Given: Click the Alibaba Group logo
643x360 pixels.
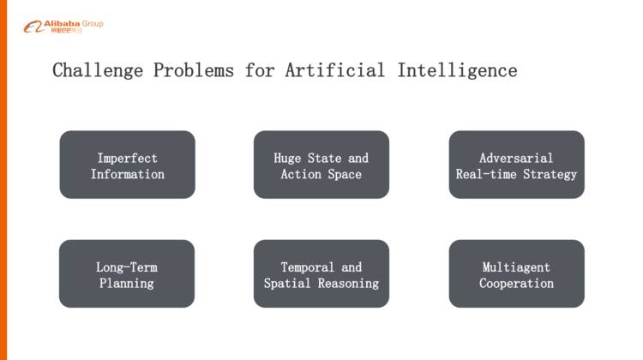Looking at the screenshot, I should [63, 26].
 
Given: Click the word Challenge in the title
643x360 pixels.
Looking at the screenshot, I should [98, 70].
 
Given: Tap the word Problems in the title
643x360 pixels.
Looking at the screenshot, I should [193, 70].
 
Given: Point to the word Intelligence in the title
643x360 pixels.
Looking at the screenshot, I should [457, 70].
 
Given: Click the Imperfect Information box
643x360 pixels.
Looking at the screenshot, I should [127, 165].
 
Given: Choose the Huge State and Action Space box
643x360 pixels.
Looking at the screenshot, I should [321, 165].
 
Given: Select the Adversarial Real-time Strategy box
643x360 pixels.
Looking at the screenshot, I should [516, 165].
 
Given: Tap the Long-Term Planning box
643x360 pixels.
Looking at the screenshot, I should [127, 273].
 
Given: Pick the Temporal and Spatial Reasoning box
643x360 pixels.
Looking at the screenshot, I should [321, 273].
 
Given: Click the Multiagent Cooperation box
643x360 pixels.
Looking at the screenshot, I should [516, 273].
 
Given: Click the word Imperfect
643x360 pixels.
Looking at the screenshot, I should [127, 158].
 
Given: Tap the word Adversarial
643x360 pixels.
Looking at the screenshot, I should [516, 158].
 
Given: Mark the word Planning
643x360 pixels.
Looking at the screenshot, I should [127, 283].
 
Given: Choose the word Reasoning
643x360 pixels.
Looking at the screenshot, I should [348, 283].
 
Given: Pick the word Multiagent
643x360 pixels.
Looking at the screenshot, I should [516, 267].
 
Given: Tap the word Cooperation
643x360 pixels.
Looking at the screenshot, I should [516, 283].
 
